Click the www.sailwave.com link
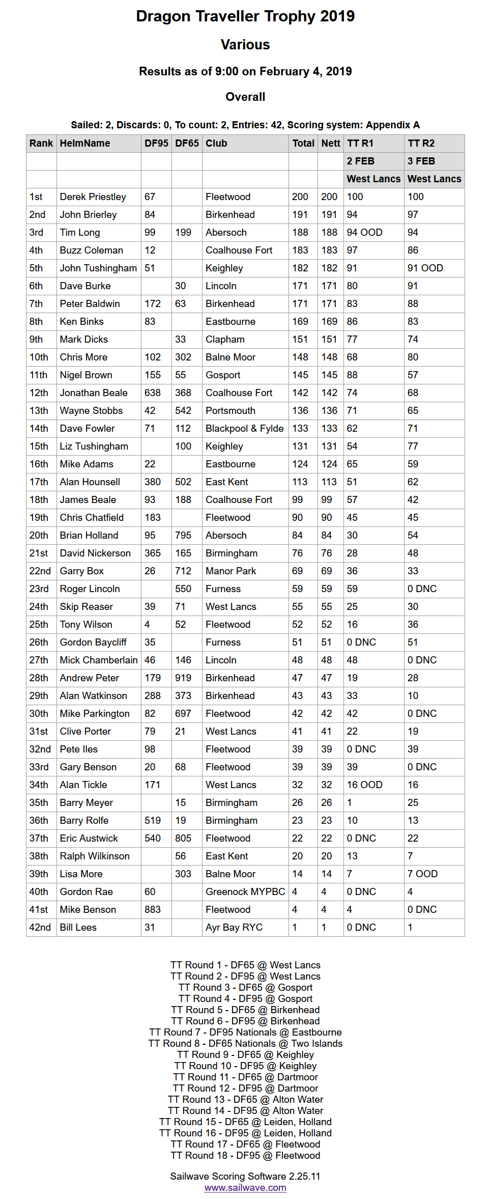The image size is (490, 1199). (245, 1188)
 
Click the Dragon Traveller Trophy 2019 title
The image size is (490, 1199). (245, 16)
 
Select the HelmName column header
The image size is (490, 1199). (85, 144)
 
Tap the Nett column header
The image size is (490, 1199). (331, 144)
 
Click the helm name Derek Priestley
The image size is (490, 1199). (93, 197)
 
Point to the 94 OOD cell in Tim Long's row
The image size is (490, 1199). (364, 233)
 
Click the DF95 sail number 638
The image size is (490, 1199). (153, 393)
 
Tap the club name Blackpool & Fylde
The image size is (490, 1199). (244, 429)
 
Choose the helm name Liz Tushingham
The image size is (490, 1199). (94, 447)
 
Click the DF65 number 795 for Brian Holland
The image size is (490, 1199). (183, 536)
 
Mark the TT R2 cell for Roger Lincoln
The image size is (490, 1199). (422, 589)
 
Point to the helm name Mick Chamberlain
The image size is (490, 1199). (99, 660)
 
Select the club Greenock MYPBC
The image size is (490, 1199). (245, 892)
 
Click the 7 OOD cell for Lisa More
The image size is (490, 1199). (422, 874)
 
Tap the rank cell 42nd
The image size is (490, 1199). (40, 928)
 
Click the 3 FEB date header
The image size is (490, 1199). (421, 161)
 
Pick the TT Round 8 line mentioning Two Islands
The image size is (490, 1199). (245, 1044)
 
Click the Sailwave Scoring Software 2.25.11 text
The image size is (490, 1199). (245, 1176)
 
